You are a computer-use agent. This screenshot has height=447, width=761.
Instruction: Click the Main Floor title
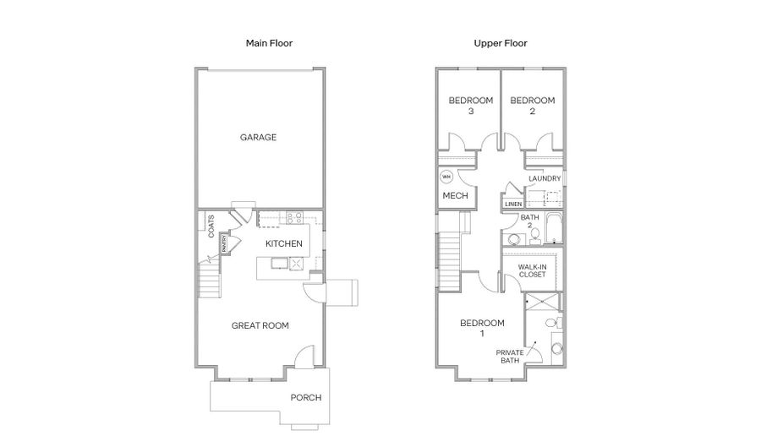[x=269, y=43]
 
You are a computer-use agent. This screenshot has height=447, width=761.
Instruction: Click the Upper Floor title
[x=501, y=43]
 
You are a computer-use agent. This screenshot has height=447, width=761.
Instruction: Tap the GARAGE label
[x=258, y=137]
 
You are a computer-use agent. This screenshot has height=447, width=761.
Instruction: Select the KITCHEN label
[x=284, y=243]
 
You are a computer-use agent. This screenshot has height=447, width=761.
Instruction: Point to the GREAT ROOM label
[x=260, y=325]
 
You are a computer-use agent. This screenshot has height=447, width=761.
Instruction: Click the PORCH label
[x=306, y=397]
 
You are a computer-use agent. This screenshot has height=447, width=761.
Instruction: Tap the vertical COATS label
[x=211, y=226]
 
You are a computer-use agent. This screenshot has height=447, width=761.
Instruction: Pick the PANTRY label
[x=224, y=243]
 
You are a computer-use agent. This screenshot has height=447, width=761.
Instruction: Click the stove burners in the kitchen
[x=294, y=217]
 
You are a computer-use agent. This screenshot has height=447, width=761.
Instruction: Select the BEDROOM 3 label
[x=471, y=106]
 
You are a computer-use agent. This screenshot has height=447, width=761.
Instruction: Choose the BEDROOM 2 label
[x=533, y=106]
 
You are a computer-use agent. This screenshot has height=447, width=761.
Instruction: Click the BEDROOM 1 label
[x=483, y=328]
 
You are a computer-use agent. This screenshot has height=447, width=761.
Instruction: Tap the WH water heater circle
[x=446, y=177]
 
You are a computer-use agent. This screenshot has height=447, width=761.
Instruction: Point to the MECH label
[x=455, y=195]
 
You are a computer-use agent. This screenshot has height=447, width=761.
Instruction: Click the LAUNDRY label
[x=545, y=178]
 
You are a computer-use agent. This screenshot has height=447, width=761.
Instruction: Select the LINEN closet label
[x=513, y=204]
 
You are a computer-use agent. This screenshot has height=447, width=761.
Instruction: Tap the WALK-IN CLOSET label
[x=533, y=270]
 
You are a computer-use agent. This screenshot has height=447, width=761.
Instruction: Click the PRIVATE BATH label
[x=510, y=357]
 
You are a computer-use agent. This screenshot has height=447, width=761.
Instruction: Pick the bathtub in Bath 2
[x=553, y=228]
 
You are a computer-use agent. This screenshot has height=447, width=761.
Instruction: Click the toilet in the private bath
[x=552, y=323]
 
